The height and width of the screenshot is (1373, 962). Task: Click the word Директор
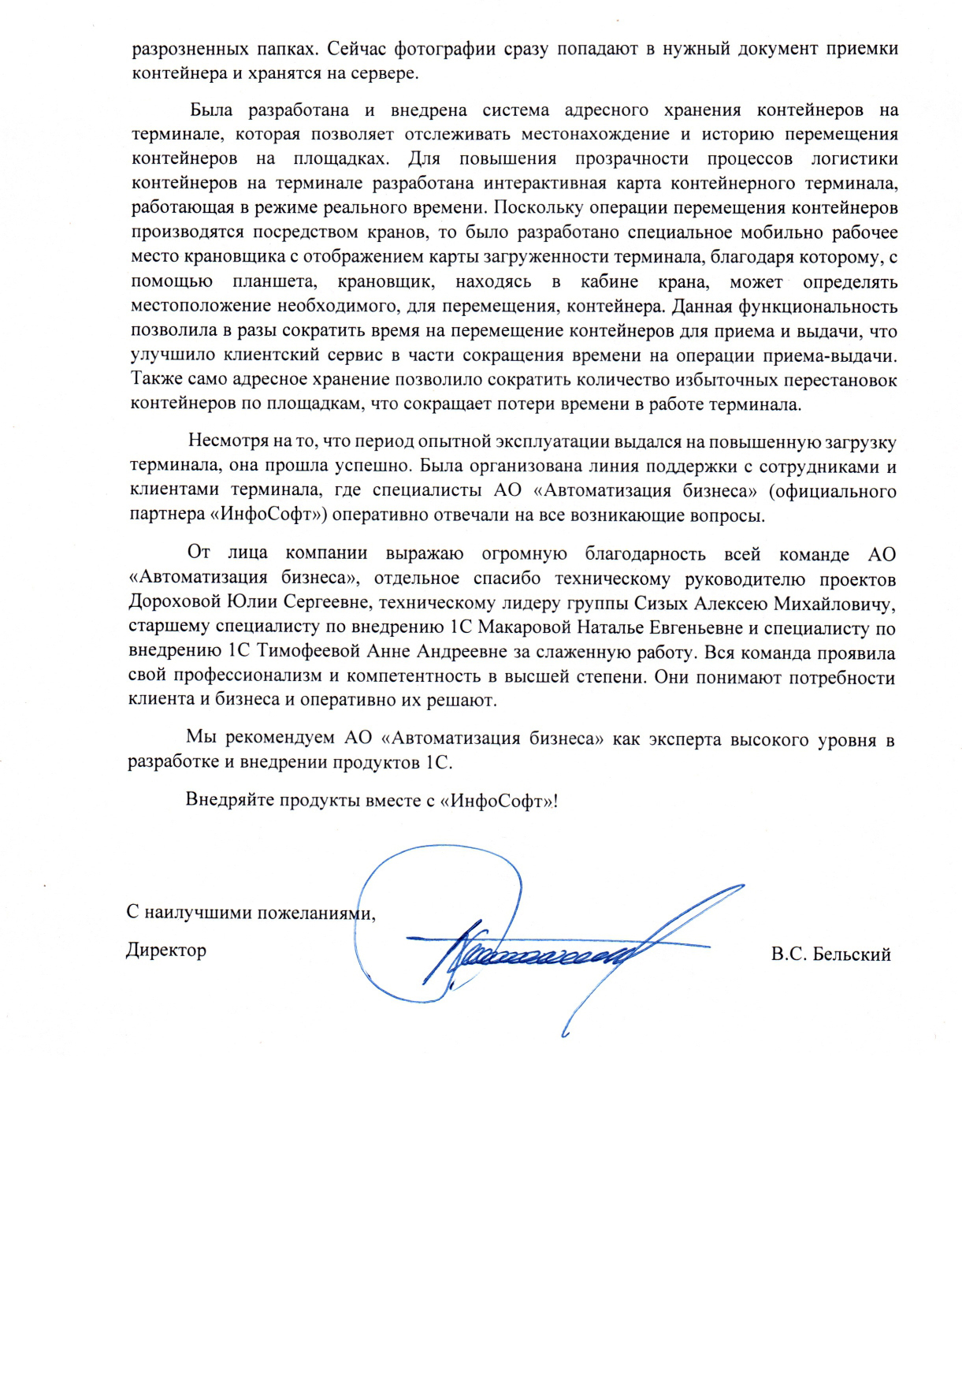point(166,950)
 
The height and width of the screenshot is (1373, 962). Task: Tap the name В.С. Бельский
point(831,954)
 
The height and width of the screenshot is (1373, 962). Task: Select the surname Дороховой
point(174,604)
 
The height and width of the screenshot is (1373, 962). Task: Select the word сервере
point(385,73)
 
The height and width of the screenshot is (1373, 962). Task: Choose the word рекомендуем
point(280,739)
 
